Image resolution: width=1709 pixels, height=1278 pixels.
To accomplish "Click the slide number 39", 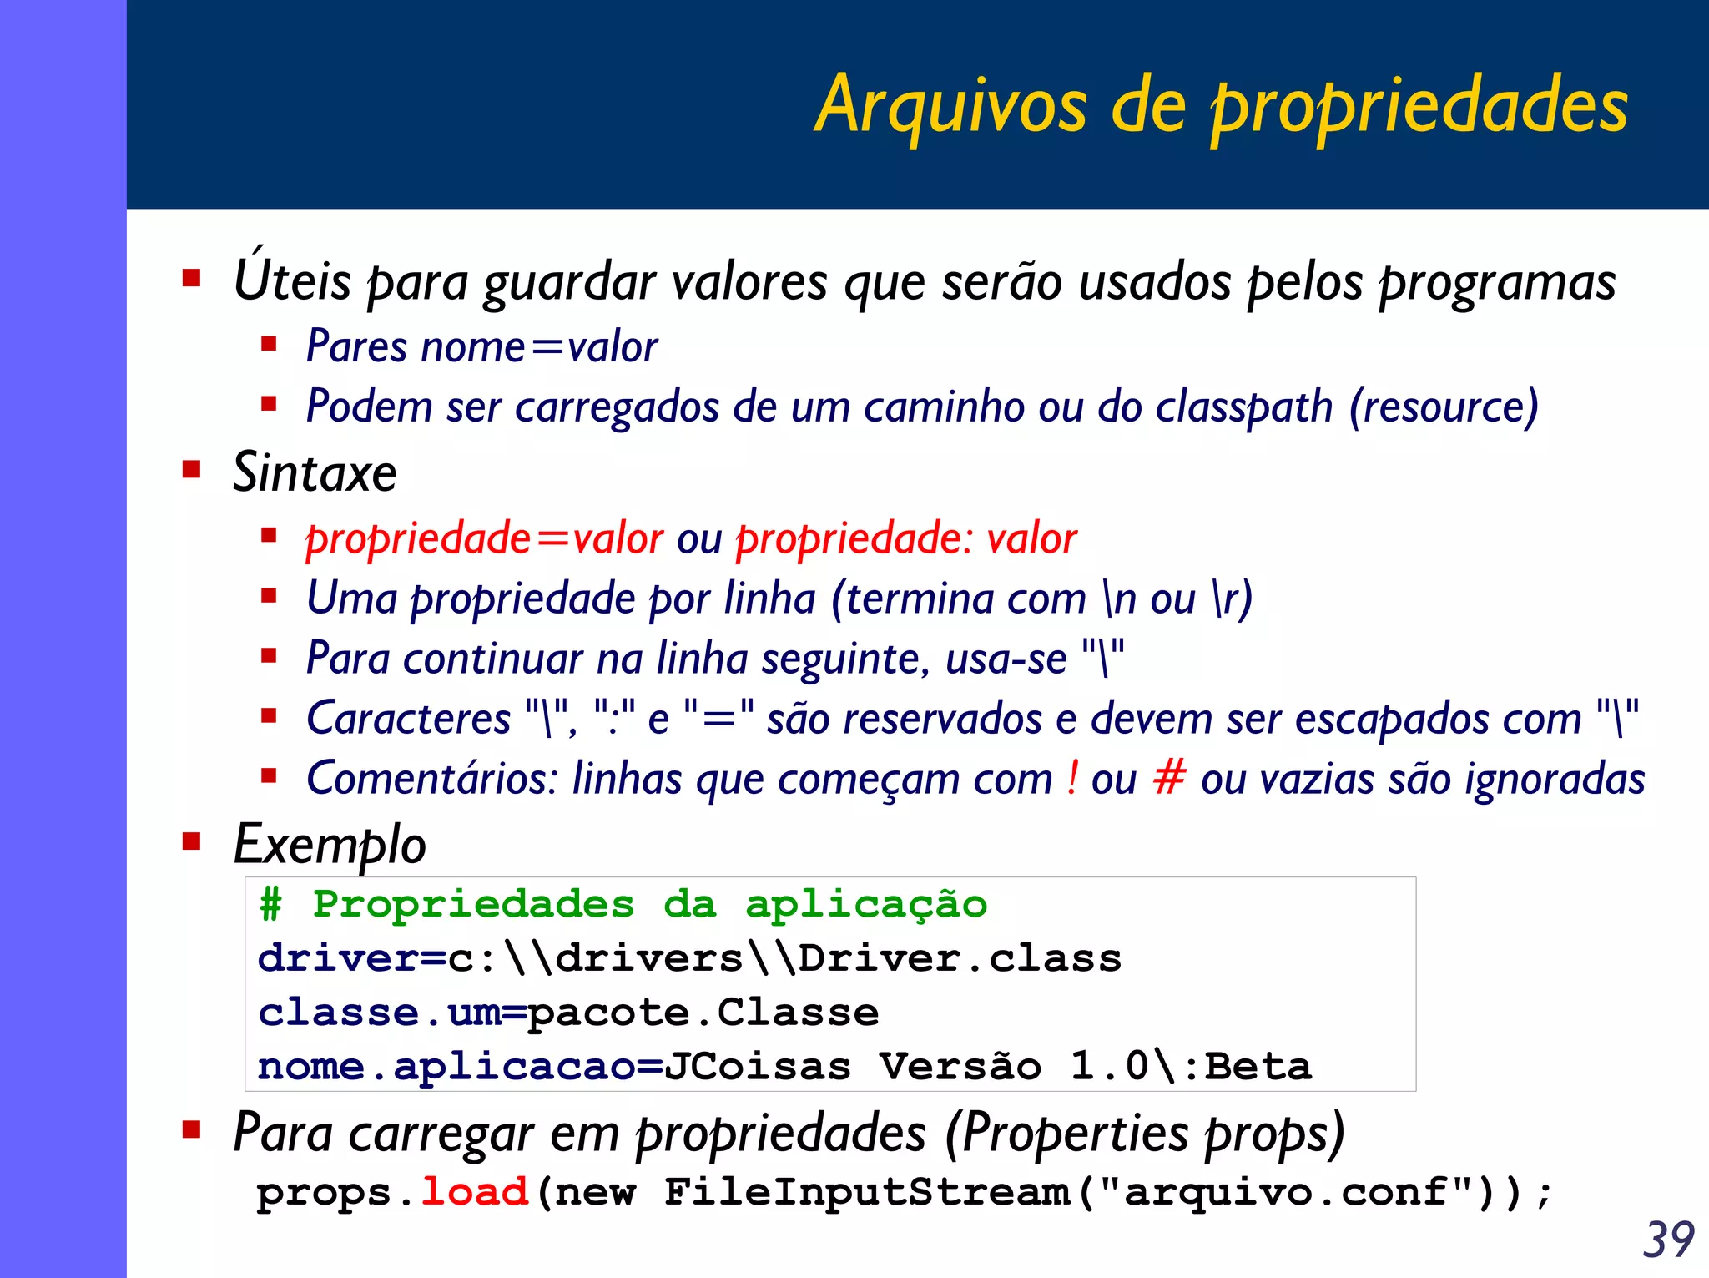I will [x=1668, y=1240].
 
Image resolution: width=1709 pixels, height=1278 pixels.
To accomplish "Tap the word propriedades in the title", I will [x=1419, y=107].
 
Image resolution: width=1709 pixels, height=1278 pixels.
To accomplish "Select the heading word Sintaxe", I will [x=315, y=473].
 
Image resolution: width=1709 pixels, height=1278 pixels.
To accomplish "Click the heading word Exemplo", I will [x=330, y=845].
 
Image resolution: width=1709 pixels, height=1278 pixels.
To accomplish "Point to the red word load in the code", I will [x=474, y=1191].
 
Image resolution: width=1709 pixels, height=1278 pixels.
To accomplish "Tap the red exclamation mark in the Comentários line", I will [x=1072, y=778].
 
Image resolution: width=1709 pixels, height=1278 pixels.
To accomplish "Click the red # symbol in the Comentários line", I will [x=1169, y=778].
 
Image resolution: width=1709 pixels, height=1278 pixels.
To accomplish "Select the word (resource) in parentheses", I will [x=1444, y=407].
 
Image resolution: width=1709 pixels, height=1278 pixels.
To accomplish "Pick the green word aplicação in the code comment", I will [x=865, y=905].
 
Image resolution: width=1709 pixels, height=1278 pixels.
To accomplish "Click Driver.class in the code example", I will [x=960, y=958].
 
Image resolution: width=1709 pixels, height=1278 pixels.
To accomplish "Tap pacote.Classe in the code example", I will [x=703, y=1013].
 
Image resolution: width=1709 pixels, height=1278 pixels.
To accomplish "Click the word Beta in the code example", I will [x=1258, y=1067].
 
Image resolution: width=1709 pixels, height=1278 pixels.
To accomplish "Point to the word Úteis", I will [x=292, y=280].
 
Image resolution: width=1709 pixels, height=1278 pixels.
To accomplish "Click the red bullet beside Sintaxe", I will [x=192, y=469].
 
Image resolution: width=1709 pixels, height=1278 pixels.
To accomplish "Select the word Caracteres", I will [x=408, y=719].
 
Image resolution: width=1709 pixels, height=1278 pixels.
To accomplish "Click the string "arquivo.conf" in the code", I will [x=1285, y=1191].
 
